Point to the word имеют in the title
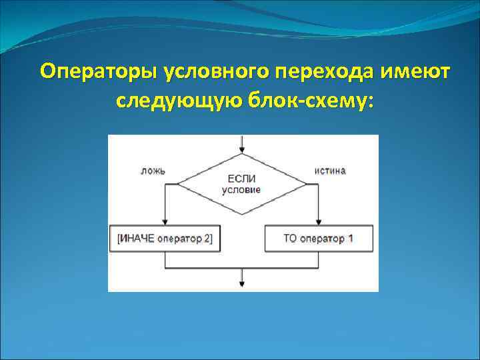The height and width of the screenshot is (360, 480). click(x=417, y=71)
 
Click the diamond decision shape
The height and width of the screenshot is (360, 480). click(x=241, y=184)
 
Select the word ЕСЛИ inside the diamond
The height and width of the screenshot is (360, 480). click(x=241, y=179)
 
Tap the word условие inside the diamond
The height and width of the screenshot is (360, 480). click(x=241, y=189)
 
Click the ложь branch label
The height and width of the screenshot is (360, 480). click(x=153, y=171)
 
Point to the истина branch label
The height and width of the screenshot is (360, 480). click(x=330, y=171)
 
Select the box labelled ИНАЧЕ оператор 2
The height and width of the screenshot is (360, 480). click(x=165, y=239)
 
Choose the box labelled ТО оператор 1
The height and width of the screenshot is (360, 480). click(x=319, y=239)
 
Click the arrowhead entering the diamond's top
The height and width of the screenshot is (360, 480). click(x=241, y=149)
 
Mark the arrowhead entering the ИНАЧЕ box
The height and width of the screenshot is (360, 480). click(x=165, y=222)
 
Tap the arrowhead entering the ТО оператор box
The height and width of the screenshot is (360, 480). click(x=319, y=222)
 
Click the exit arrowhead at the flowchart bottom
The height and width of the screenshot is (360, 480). click(x=241, y=285)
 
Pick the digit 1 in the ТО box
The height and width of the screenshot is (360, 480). click(x=350, y=239)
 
